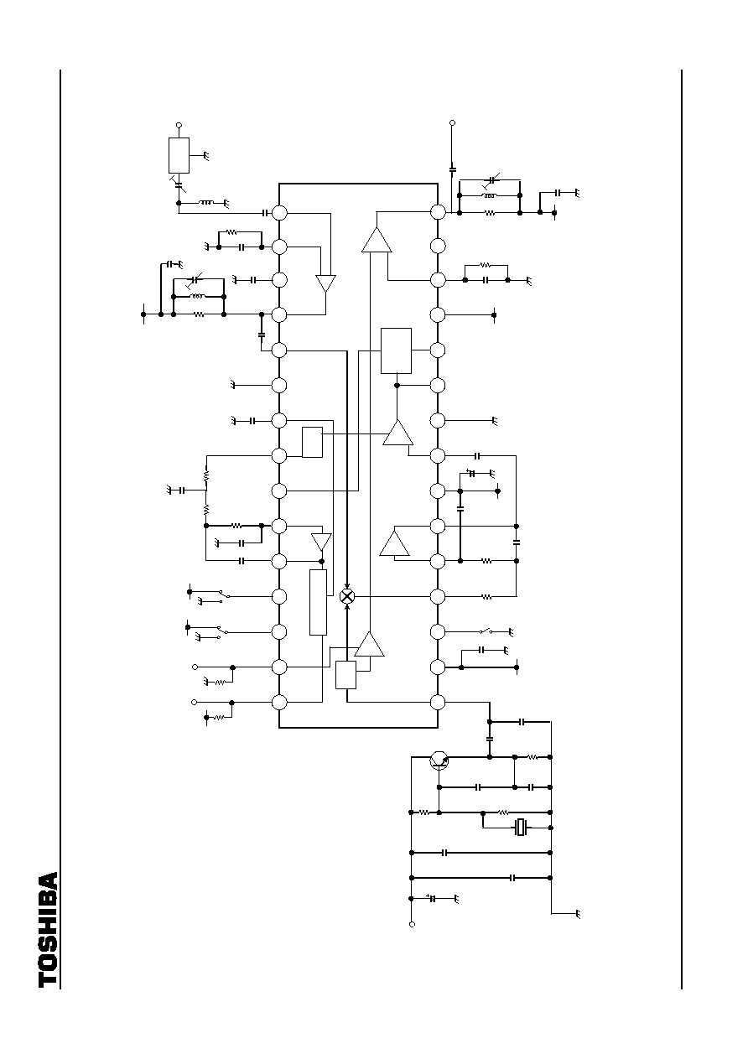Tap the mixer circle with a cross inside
(x=347, y=597)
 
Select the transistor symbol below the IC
(x=439, y=761)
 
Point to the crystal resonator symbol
(x=521, y=828)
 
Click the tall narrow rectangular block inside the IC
(x=318, y=602)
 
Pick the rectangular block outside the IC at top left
(x=179, y=156)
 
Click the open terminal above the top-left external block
(x=179, y=125)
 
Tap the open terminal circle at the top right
(x=452, y=123)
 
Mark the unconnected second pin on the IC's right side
(x=438, y=246)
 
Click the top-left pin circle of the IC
(x=279, y=213)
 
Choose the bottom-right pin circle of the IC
(x=438, y=703)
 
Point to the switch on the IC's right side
(x=486, y=631)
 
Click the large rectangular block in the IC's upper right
(x=397, y=350)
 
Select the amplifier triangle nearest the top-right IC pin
(x=377, y=240)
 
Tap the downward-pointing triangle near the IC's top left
(x=325, y=283)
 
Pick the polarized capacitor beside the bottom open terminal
(x=432, y=898)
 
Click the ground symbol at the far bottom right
(x=577, y=914)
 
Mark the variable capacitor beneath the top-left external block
(x=179, y=184)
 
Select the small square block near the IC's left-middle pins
(x=312, y=442)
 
